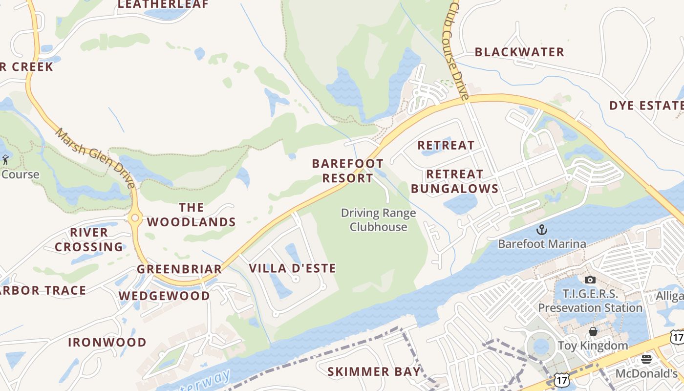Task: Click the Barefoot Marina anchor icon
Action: click(x=541, y=230)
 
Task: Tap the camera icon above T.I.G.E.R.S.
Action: click(x=590, y=280)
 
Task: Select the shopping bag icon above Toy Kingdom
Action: click(x=593, y=332)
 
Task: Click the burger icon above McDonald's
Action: click(x=646, y=360)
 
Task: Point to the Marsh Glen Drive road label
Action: click(x=96, y=158)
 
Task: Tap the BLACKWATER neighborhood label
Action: click(x=519, y=52)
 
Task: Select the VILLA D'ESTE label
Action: click(x=293, y=268)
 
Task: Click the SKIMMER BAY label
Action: click(x=374, y=371)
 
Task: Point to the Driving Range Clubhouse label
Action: click(x=379, y=220)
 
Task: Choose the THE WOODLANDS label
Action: click(x=192, y=215)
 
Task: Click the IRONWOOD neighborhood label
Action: click(x=107, y=342)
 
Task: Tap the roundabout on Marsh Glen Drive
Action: click(x=134, y=218)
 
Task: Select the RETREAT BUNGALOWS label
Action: click(x=454, y=181)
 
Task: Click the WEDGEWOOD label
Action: click(x=164, y=296)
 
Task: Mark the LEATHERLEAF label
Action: click(x=163, y=5)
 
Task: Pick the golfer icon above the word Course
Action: click(x=6, y=160)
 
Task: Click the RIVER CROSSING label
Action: click(x=89, y=239)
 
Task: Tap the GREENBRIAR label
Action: click(x=179, y=269)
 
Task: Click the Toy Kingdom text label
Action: click(x=593, y=346)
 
